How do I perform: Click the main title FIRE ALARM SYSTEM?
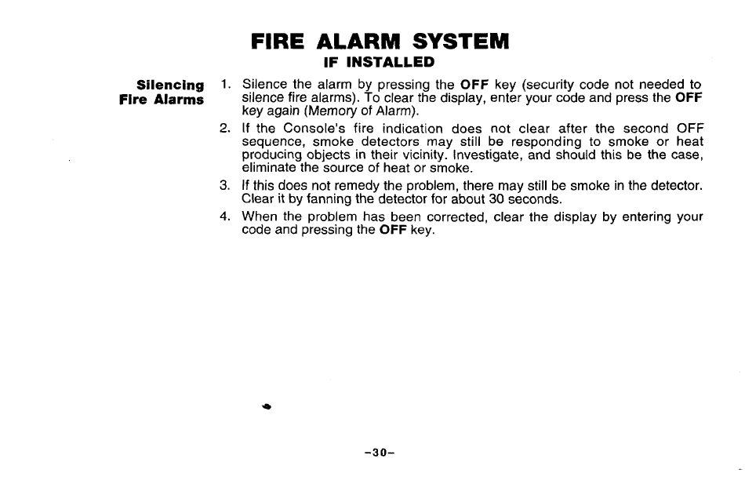click(x=380, y=41)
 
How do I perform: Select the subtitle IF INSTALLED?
click(x=380, y=61)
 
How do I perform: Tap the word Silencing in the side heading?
click(x=170, y=85)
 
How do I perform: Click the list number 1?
click(x=225, y=84)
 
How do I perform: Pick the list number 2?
click(x=225, y=128)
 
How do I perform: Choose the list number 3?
click(x=225, y=186)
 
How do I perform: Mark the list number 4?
click(x=225, y=217)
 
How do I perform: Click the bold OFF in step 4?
click(x=392, y=231)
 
